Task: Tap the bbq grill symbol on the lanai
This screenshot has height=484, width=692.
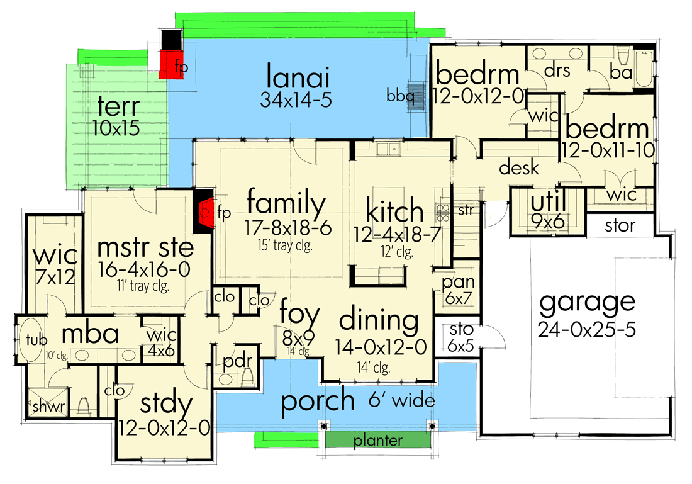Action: tap(416, 97)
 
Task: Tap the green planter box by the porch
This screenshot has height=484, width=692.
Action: tap(377, 440)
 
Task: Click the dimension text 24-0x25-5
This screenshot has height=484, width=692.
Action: tap(587, 329)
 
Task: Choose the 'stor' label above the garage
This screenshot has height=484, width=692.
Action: tap(620, 225)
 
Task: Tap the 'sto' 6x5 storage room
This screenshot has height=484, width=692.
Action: tap(457, 336)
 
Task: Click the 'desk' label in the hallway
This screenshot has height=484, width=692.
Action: tap(519, 168)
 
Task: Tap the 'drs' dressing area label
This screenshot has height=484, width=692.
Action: tap(557, 71)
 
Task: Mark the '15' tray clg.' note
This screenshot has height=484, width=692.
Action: tap(286, 243)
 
